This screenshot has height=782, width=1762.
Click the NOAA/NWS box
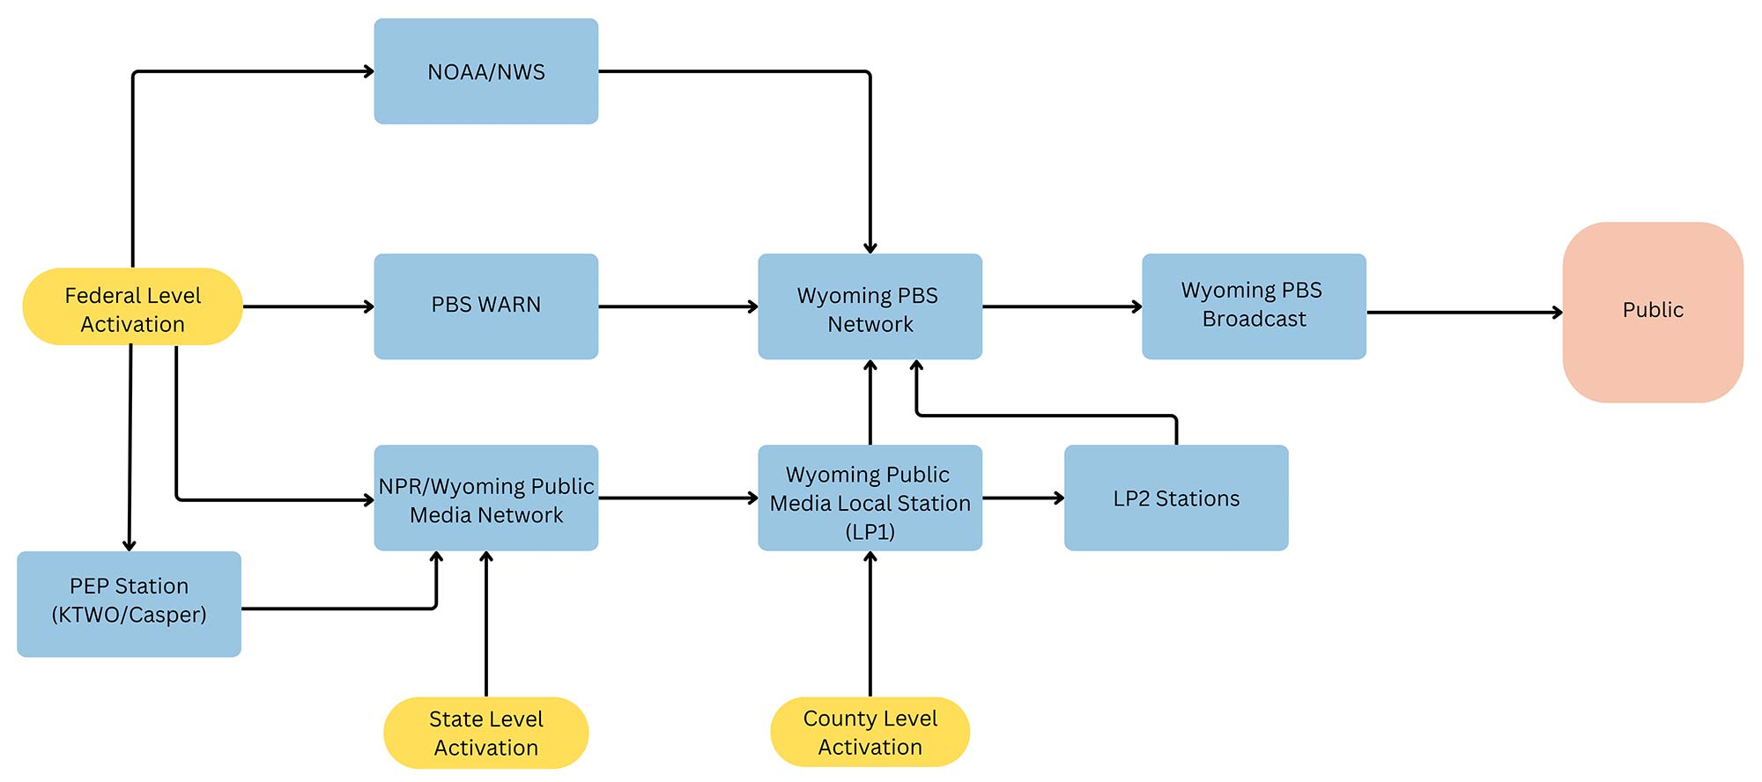click(x=486, y=71)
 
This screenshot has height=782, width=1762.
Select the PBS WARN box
click(x=486, y=306)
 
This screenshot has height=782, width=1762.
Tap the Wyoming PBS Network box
click(x=870, y=306)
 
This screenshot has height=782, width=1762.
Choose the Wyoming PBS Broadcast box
click(x=1255, y=306)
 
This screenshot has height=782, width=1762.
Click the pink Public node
click(x=1653, y=312)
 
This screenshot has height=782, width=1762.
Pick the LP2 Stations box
click(x=1176, y=498)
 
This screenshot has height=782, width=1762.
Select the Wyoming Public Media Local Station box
click(x=870, y=498)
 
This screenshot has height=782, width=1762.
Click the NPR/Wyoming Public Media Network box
click(x=486, y=498)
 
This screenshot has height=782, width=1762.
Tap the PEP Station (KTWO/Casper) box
click(x=129, y=604)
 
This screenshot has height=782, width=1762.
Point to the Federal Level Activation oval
click(x=132, y=306)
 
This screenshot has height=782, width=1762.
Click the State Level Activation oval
click(x=486, y=733)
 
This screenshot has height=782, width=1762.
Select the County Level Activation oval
click(x=870, y=732)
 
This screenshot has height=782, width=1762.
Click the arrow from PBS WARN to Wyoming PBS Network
click(x=678, y=306)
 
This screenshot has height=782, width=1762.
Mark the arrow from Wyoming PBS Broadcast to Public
click(x=1465, y=312)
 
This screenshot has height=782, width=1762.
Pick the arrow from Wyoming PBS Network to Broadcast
click(x=1062, y=306)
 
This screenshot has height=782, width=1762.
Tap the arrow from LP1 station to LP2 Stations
click(x=1024, y=498)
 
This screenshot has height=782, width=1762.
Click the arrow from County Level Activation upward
click(x=870, y=623)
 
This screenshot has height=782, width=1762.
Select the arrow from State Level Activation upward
click(x=486, y=623)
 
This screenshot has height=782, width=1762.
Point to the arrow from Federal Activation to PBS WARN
click(x=308, y=306)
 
